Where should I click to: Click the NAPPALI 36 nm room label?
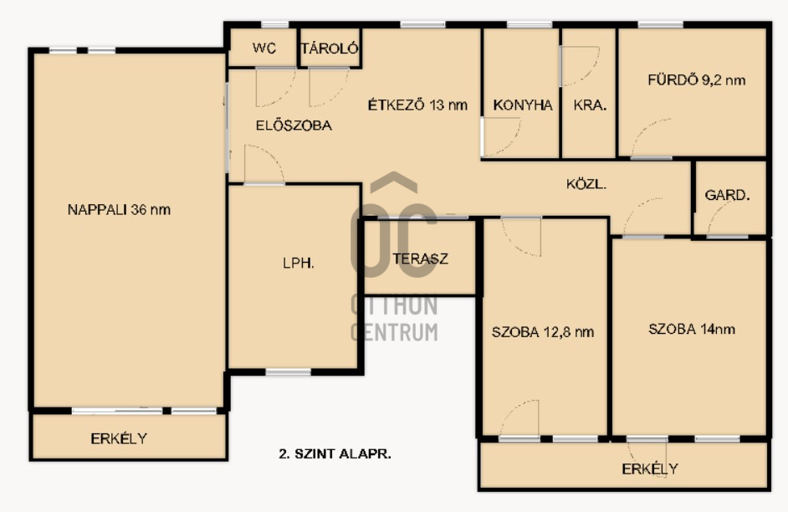point(119,209)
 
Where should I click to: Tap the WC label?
point(264,49)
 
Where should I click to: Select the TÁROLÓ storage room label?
point(330,48)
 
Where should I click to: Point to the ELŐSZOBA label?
point(294,125)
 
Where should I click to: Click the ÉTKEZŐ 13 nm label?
point(417,105)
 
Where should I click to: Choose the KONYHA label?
point(523,105)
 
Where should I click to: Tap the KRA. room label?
point(590,105)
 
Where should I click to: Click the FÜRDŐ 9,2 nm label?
point(697,79)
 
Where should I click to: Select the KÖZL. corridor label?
point(586,184)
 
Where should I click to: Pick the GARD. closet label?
point(727,195)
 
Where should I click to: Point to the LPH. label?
point(299,263)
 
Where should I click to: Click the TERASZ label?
point(420,259)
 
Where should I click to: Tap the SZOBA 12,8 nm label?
point(543,332)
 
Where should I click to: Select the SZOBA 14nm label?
point(692,329)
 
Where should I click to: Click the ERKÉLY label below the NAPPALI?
point(119,438)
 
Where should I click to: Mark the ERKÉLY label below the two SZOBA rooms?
point(650,468)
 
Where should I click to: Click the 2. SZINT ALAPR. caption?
point(335,453)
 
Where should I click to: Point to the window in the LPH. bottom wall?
point(289,372)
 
